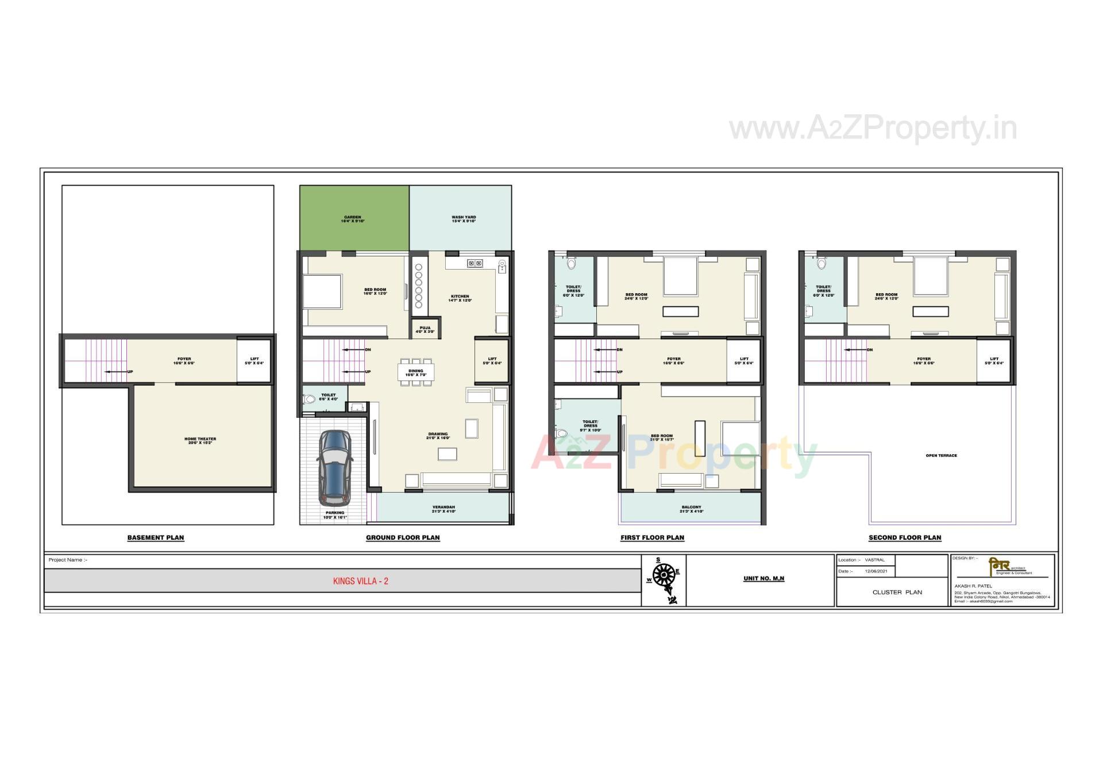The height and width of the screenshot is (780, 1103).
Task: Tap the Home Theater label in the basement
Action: pos(200,441)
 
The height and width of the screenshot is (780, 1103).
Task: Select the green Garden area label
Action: pos(352,219)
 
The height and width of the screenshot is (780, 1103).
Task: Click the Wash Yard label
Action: pos(464,219)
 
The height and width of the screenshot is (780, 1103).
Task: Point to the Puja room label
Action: pos(425,330)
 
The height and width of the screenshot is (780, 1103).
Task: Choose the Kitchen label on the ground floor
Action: pos(460,298)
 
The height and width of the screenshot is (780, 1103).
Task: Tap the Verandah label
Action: pos(443,509)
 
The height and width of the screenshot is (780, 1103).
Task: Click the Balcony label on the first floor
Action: pos(691,509)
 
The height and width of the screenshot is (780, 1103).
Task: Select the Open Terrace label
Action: pos(941,456)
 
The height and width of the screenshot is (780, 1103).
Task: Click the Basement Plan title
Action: pos(156,538)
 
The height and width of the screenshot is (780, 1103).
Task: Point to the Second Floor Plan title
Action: pos(905,538)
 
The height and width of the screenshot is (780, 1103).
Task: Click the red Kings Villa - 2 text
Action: pos(361,581)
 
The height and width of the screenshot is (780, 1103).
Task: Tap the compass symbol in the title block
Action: pos(664,575)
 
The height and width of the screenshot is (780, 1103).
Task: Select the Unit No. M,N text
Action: pos(763,579)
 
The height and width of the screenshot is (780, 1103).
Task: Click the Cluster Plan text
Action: pos(897,592)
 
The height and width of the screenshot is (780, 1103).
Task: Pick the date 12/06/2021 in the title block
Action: pos(876,571)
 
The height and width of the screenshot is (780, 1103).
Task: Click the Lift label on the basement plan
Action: pos(254,361)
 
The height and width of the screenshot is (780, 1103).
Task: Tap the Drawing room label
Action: pos(438,436)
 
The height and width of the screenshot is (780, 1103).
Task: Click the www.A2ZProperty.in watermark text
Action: pos(873,129)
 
